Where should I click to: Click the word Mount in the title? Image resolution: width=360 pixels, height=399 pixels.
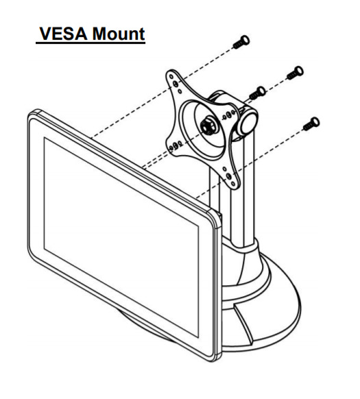click(119, 34)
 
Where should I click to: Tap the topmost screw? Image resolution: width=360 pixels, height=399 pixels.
click(241, 43)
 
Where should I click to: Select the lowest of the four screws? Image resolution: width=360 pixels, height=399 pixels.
click(311, 124)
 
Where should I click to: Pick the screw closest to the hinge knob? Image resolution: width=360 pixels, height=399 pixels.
click(257, 93)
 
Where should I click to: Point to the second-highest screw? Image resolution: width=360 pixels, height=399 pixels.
click(295, 73)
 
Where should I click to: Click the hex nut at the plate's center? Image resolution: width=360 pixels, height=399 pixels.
click(208, 125)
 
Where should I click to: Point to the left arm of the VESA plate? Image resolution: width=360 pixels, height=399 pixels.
click(174, 146)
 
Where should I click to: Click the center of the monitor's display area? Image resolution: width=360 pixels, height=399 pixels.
click(121, 237)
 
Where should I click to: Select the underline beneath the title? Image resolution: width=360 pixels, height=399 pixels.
click(91, 43)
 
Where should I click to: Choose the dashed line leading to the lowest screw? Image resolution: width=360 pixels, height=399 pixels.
click(250, 163)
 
